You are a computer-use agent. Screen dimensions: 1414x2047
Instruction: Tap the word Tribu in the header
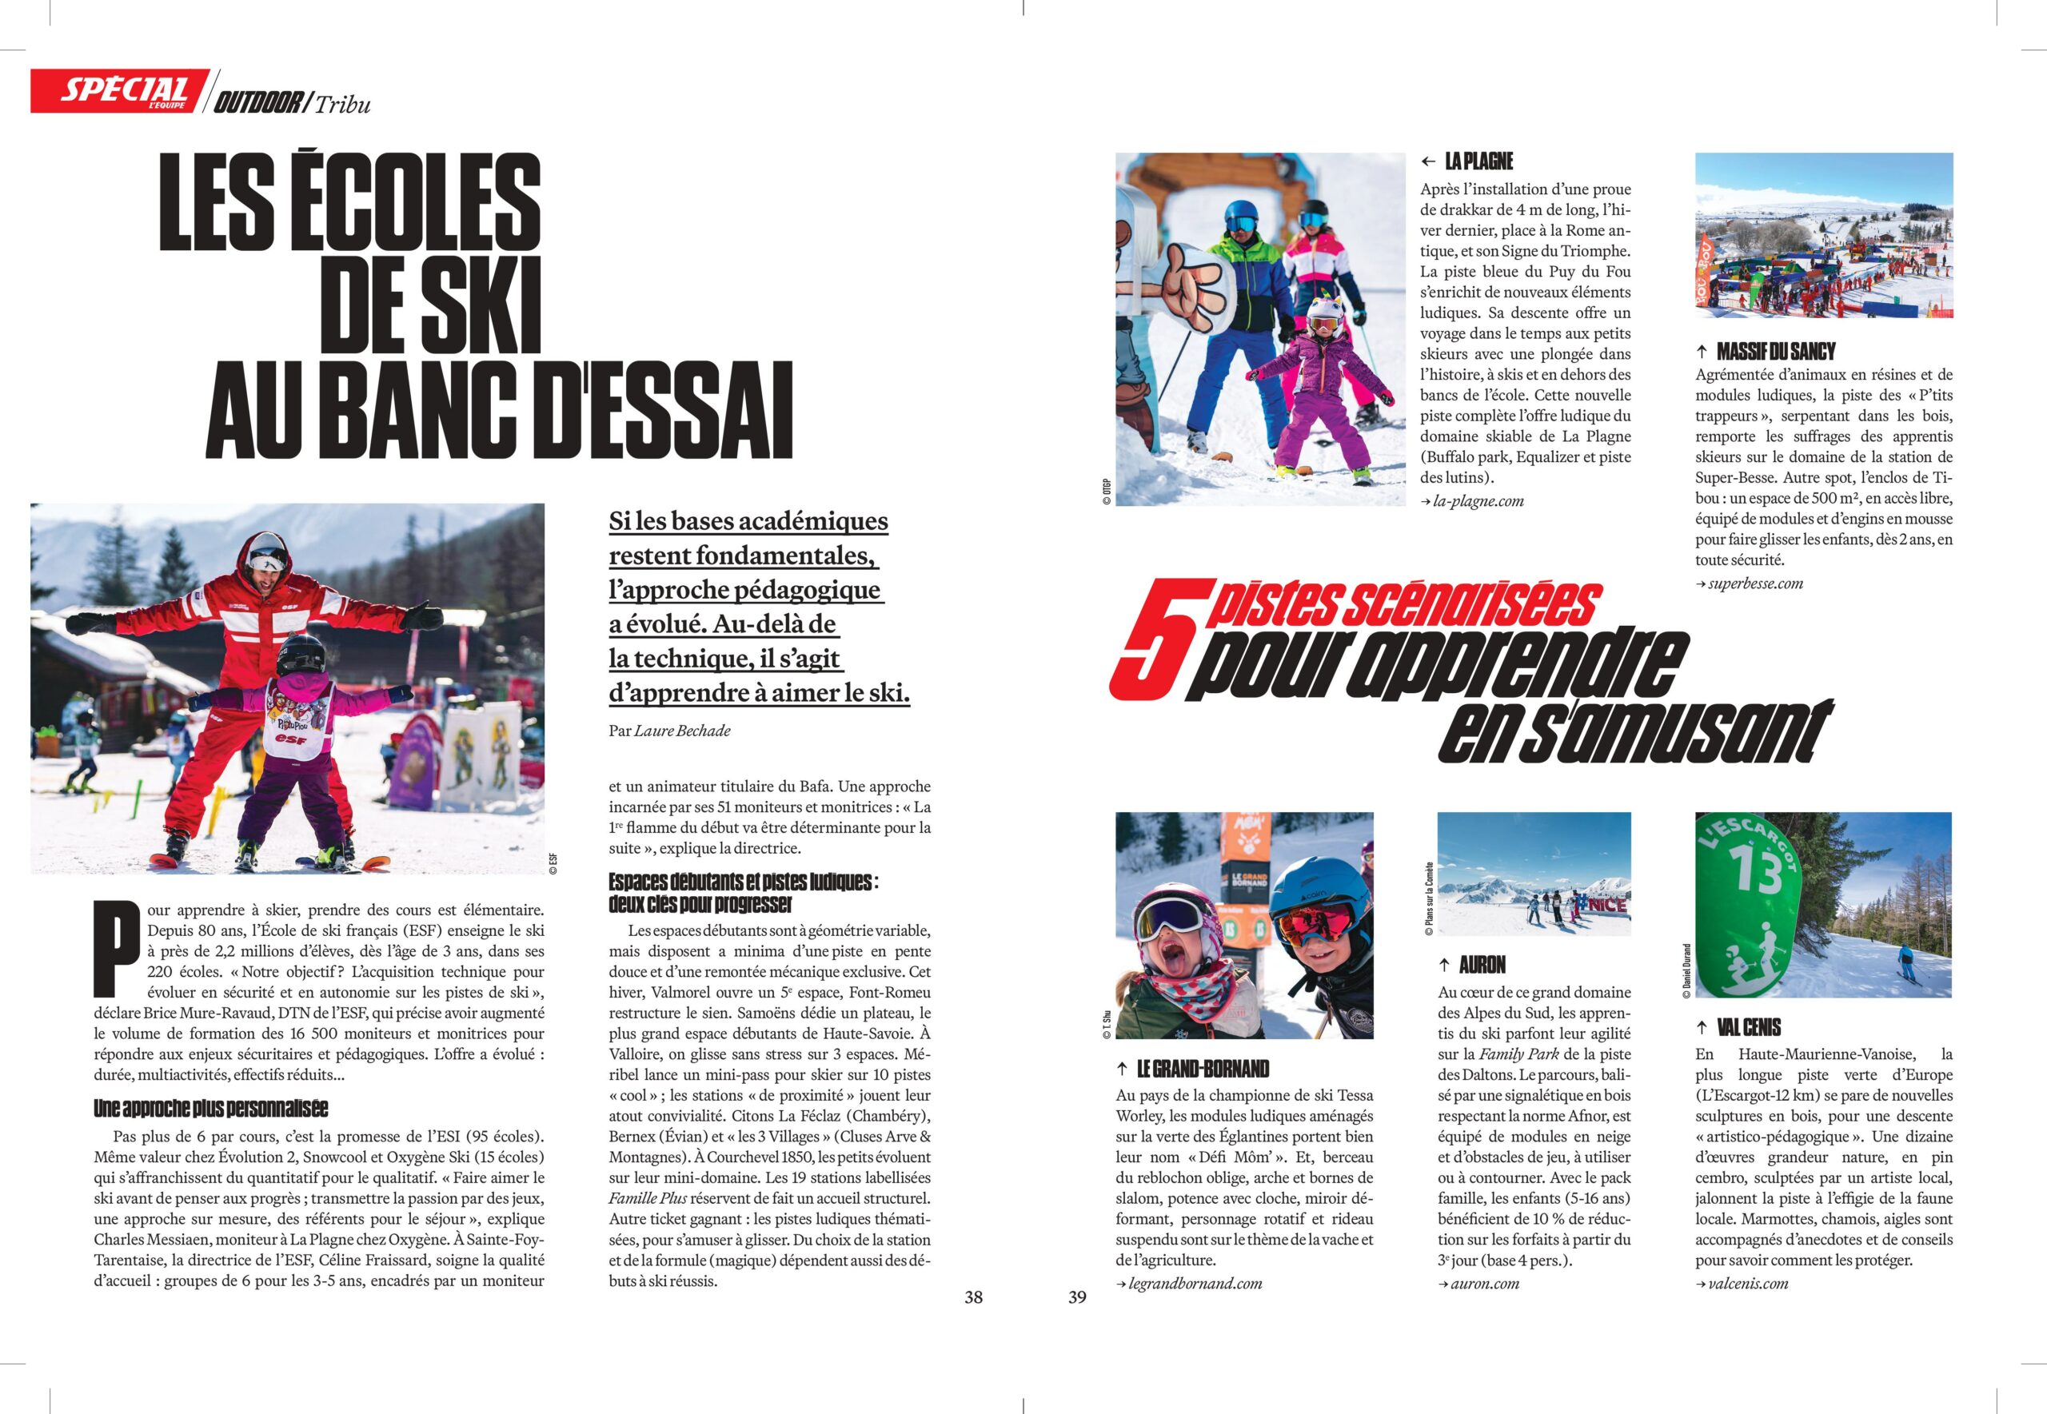tap(342, 104)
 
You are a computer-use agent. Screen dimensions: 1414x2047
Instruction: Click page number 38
tap(973, 1297)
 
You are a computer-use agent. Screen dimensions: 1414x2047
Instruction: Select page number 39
tap(1076, 1297)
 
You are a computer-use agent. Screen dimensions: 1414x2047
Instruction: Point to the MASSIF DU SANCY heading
tap(1776, 351)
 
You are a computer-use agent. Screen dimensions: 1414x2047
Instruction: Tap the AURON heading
tap(1482, 965)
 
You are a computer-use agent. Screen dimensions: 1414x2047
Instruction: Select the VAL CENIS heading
tap(1749, 1027)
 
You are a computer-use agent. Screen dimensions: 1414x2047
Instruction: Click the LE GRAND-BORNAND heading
tap(1203, 1069)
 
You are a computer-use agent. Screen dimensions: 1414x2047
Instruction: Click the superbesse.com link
tap(1755, 583)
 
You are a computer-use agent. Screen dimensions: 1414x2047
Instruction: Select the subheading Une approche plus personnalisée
tap(211, 1109)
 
